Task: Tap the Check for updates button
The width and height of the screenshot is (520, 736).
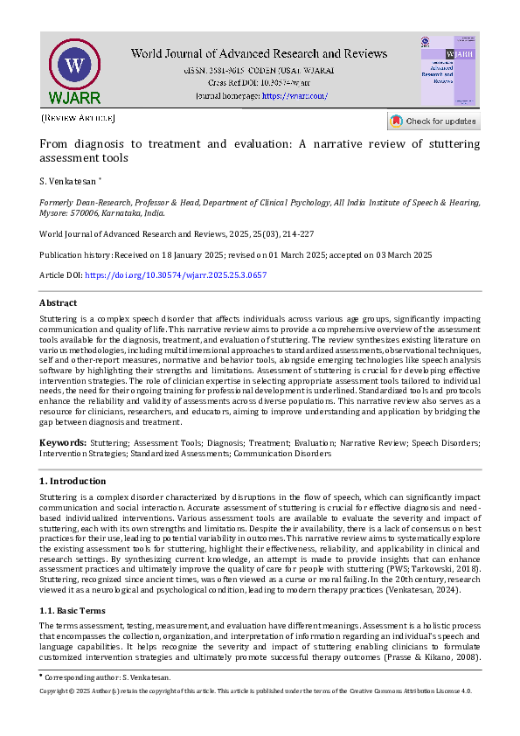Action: pos(433,122)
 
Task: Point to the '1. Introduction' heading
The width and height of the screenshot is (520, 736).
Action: pos(73,481)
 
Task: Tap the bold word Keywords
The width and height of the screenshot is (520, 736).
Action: pos(62,444)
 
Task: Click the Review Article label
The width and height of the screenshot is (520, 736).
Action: pos(78,117)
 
